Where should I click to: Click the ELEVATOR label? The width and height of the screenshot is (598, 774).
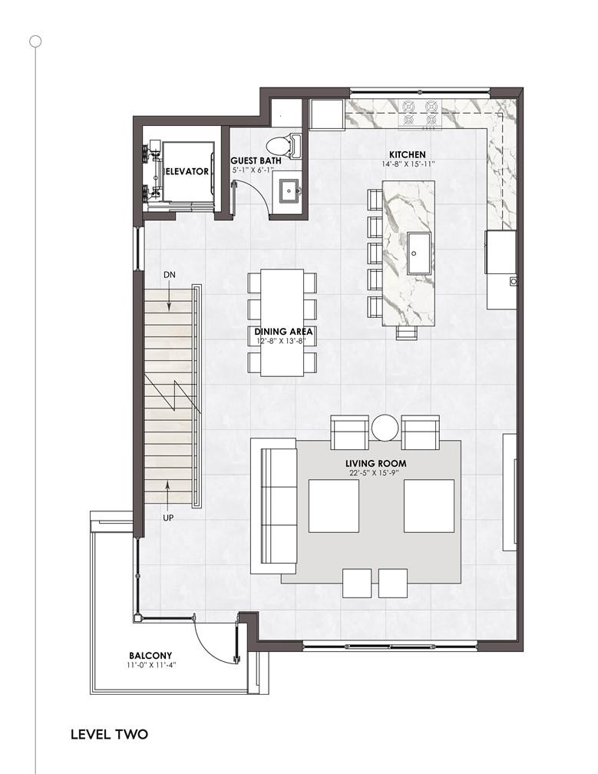click(x=186, y=171)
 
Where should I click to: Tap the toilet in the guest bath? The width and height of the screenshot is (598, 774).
click(x=283, y=146)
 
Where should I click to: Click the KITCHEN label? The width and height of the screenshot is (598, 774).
click(x=407, y=154)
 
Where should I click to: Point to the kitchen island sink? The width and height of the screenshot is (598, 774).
click(x=419, y=253)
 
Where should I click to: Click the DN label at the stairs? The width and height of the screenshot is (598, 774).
click(x=169, y=275)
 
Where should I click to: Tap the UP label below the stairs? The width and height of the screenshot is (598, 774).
click(x=168, y=518)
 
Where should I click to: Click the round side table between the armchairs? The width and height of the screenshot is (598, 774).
click(x=385, y=428)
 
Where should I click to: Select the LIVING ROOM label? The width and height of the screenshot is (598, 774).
click(x=376, y=464)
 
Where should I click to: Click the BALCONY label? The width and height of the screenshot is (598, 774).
click(x=150, y=656)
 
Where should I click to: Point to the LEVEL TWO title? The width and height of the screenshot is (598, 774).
click(x=109, y=734)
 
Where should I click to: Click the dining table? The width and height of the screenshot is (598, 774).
click(x=282, y=322)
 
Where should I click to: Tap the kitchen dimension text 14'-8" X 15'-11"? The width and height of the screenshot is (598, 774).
click(x=408, y=164)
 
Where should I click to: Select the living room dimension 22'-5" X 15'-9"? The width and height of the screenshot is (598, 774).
click(x=374, y=473)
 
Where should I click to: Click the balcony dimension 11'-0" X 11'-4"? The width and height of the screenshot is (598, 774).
click(x=151, y=665)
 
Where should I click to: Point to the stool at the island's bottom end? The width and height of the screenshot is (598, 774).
click(x=408, y=333)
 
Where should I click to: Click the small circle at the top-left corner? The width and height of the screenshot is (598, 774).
click(x=35, y=41)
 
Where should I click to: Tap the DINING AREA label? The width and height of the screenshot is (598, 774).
click(x=283, y=332)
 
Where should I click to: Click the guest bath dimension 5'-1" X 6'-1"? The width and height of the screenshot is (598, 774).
click(x=253, y=169)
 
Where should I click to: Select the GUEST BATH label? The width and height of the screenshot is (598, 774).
click(x=256, y=160)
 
